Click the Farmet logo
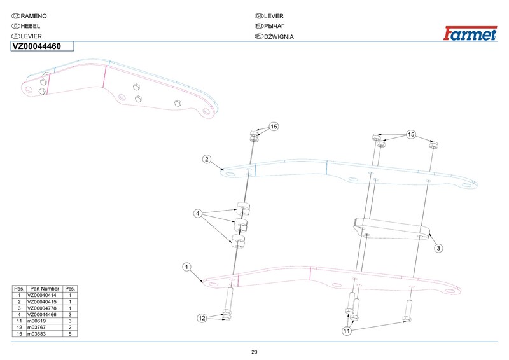(x=470, y=33)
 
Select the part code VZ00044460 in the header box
(x=37, y=46)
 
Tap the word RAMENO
(x=34, y=16)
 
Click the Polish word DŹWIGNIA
(x=279, y=37)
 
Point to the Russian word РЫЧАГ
(x=274, y=26)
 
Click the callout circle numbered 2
(x=207, y=160)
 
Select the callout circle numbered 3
(x=438, y=248)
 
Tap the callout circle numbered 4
(x=198, y=214)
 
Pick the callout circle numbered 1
(x=186, y=267)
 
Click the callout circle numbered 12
(x=202, y=318)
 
